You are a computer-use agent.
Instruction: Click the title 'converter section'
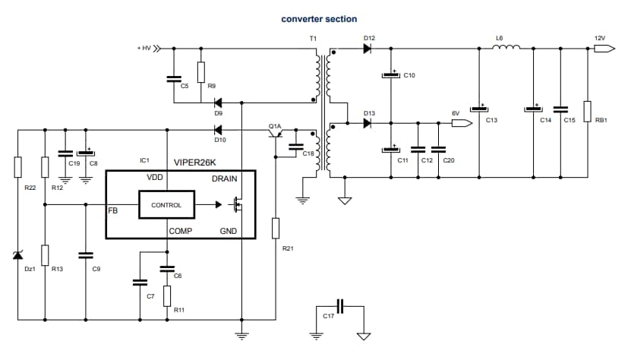319,18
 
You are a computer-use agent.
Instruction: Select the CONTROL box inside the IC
166,205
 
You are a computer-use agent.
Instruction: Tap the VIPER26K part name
195,162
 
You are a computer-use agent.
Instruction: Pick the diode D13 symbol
368,124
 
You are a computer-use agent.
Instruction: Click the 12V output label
600,37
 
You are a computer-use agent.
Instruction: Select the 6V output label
456,113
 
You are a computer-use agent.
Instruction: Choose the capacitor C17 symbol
341,306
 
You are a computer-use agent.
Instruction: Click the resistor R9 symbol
200,72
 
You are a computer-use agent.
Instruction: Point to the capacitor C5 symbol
174,77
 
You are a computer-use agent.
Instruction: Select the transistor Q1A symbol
275,134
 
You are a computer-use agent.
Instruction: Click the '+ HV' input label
144,48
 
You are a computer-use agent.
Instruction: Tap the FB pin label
112,210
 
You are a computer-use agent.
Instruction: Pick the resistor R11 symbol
166,295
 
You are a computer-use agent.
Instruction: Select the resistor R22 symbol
18,167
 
